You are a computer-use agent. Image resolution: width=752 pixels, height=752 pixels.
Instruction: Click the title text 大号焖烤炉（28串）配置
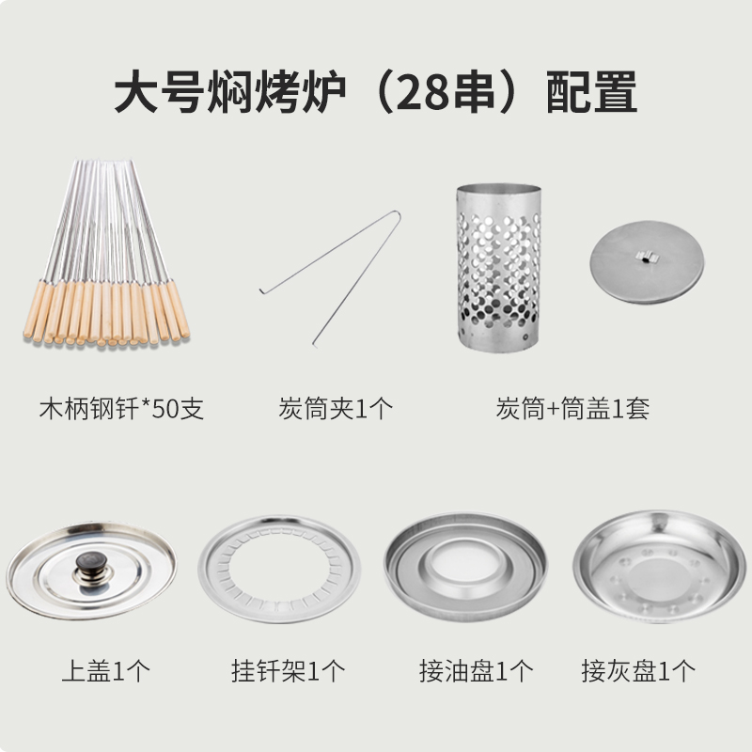click(x=375, y=91)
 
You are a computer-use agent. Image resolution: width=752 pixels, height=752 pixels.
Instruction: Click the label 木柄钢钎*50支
click(x=121, y=409)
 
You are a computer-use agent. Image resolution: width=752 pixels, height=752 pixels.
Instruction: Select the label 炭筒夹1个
click(x=336, y=409)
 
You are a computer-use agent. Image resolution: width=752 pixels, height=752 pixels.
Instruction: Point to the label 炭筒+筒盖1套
click(x=572, y=409)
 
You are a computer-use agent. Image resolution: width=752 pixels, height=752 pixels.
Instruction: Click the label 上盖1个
click(x=106, y=670)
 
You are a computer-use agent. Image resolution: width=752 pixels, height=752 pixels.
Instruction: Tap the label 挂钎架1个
click(x=289, y=670)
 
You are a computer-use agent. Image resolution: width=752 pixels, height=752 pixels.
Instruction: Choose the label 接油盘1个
click(x=477, y=670)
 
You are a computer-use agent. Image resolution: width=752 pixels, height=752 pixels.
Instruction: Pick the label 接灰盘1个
click(x=638, y=670)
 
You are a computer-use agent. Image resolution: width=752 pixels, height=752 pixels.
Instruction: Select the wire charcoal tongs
click(x=330, y=277)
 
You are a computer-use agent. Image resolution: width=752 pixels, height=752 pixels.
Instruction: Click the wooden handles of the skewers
click(x=106, y=312)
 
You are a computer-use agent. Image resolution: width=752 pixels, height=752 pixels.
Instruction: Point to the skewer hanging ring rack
click(x=279, y=570)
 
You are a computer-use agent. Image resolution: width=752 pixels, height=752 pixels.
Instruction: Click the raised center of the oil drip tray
click(x=464, y=561)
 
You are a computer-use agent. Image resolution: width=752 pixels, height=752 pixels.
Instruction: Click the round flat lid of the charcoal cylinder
click(x=647, y=262)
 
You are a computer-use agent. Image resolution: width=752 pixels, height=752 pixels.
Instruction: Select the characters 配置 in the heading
click(x=592, y=91)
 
